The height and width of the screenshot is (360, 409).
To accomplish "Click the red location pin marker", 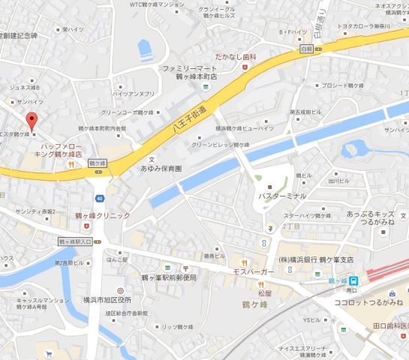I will [32, 120].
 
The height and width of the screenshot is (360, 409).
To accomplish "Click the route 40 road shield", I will [99, 198].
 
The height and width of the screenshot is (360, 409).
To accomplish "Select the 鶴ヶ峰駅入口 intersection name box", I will [75, 241].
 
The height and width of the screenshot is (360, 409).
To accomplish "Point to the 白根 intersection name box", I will [305, 49].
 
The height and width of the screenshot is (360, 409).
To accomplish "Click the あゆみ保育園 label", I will [161, 169].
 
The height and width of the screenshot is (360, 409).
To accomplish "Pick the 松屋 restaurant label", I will [263, 295].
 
